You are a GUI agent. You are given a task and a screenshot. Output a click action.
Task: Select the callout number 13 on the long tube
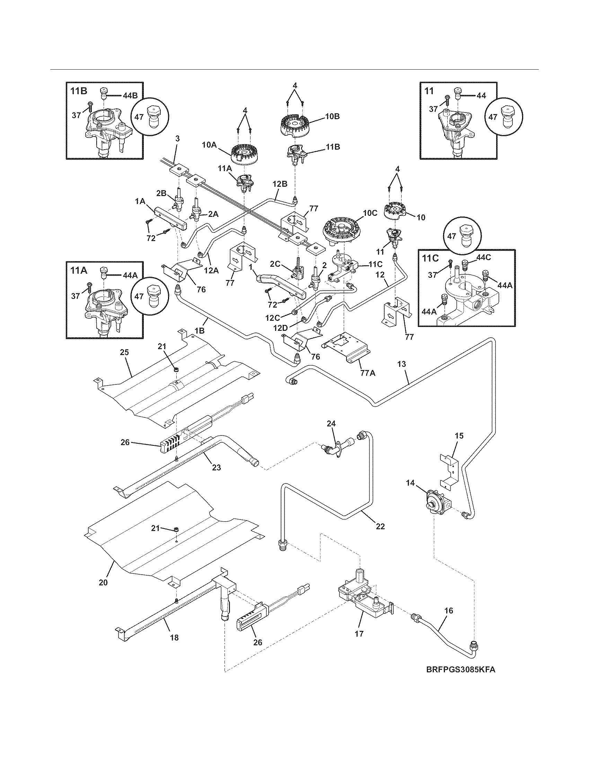pyautogui.click(x=402, y=364)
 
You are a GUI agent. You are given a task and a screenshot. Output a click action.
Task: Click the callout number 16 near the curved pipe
pyautogui.click(x=449, y=611)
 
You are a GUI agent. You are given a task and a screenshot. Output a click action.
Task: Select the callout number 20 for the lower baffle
pyautogui.click(x=103, y=582)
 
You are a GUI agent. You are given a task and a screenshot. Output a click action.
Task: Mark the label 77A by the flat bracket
pyautogui.click(x=367, y=373)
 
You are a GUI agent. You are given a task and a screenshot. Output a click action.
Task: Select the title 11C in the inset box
pyautogui.click(x=431, y=258)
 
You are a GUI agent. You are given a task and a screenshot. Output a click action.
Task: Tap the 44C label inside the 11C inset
pyautogui.click(x=484, y=257)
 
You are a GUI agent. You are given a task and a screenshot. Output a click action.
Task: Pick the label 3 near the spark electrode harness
pyautogui.click(x=177, y=139)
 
